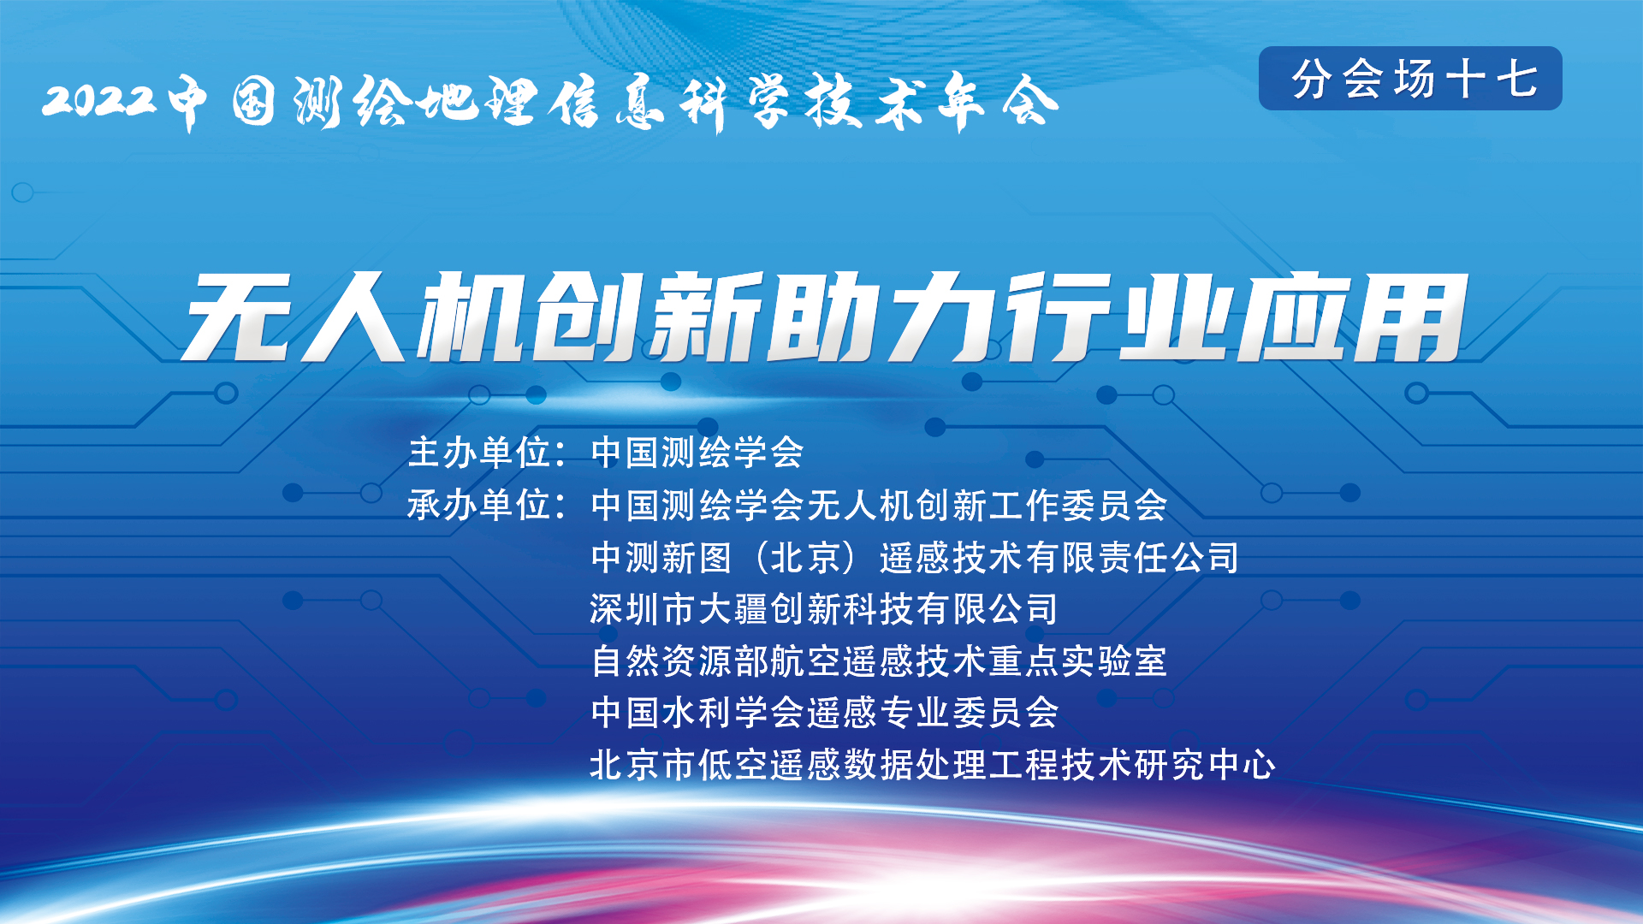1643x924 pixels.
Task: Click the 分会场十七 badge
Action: (1410, 79)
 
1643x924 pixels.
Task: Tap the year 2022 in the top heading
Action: (100, 100)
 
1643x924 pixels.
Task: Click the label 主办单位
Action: (478, 453)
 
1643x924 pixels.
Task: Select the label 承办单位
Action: (478, 505)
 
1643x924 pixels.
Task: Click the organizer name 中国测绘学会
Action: (697, 453)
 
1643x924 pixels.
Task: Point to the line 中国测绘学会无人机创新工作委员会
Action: (879, 505)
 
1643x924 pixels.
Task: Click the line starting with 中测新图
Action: (915, 558)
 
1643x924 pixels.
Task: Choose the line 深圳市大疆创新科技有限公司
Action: (824, 609)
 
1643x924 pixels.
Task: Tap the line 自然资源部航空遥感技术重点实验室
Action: (879, 661)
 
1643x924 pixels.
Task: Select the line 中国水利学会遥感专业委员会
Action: (825, 713)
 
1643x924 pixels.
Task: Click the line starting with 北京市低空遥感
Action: (933, 765)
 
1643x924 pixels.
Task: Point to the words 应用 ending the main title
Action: (1352, 317)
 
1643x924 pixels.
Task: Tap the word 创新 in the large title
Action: (647, 317)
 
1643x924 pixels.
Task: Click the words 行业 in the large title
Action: (1116, 317)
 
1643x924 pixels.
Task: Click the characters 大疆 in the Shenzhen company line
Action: (733, 609)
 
